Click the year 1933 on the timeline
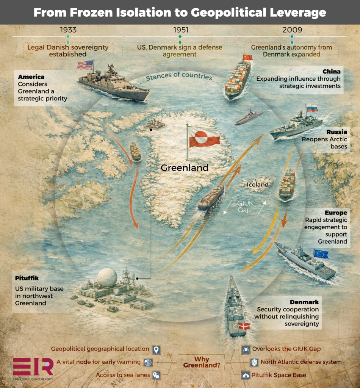(68, 30)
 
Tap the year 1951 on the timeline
(180, 30)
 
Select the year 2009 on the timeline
(292, 30)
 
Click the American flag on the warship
(85, 65)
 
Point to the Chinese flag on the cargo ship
(247, 58)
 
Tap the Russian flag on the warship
(312, 108)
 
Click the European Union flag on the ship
(321, 254)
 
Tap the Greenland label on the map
(185, 167)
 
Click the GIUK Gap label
(245, 207)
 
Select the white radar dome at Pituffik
(107, 277)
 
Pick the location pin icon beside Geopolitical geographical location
(156, 349)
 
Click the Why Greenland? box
(202, 362)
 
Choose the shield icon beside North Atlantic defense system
(254, 362)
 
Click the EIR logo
(33, 367)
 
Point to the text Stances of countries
(179, 77)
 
